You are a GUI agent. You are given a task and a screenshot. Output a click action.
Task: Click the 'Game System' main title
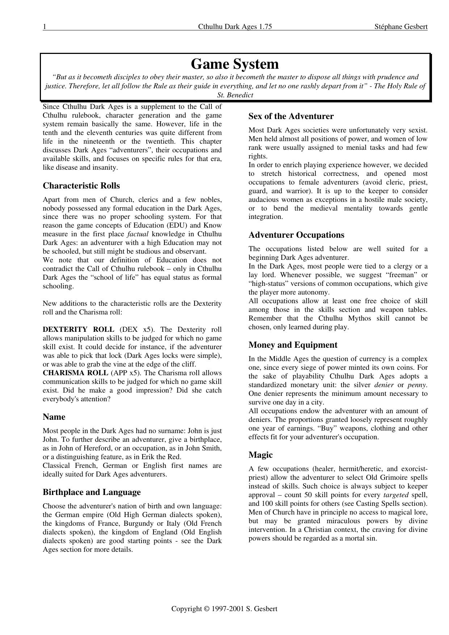[x=235, y=64]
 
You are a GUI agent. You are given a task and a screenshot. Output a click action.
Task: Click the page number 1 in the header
[x=45, y=26]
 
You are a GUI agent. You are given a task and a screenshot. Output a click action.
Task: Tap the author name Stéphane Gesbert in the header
[x=401, y=26]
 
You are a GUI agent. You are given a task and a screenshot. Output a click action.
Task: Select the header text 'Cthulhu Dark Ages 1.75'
[x=235, y=26]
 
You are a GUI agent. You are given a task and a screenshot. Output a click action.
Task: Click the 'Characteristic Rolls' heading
[x=81, y=186]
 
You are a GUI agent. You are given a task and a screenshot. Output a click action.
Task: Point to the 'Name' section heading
[x=54, y=417]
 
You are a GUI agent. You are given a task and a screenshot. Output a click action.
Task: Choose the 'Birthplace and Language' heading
[x=92, y=492]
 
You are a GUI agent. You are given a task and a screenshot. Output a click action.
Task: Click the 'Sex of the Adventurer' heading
[x=291, y=116]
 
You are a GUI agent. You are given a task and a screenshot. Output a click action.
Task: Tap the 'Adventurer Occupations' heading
[x=296, y=235]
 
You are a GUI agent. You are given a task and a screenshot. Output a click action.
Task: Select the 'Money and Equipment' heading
[x=293, y=345]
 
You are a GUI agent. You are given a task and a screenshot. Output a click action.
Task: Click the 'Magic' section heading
[x=260, y=455]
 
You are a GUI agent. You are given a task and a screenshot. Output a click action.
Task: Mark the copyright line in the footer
[x=224, y=609]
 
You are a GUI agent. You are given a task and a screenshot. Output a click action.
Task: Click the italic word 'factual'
[x=138, y=234]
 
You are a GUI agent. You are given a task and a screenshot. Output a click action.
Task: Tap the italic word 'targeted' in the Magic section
[x=396, y=495]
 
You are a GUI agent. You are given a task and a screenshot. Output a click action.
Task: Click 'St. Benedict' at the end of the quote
[x=235, y=95]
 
